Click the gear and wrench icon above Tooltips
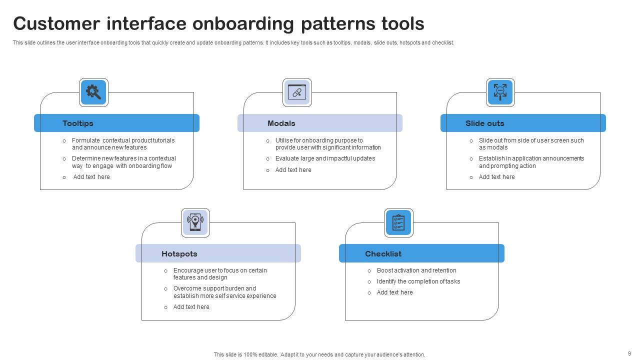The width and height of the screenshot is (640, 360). (93, 92)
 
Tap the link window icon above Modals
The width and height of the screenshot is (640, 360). (297, 92)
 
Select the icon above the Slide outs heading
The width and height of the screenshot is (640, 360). (500, 92)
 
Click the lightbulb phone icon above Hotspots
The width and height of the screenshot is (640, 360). (195, 222)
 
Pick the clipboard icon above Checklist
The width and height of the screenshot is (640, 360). (398, 222)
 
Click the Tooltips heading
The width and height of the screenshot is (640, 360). (78, 123)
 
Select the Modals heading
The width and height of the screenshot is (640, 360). (281, 123)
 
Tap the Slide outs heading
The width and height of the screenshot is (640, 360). (484, 123)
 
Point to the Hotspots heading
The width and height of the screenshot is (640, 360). (179, 254)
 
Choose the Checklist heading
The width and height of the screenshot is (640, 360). (383, 254)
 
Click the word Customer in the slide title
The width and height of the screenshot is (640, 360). (56, 23)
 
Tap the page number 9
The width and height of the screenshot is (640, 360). (629, 353)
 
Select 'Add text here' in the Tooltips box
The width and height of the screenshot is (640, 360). (91, 177)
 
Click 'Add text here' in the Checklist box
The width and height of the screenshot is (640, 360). (395, 292)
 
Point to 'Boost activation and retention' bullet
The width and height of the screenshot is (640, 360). (416, 270)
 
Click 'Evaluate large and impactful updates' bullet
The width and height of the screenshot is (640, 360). (325, 158)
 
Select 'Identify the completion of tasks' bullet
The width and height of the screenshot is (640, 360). (418, 281)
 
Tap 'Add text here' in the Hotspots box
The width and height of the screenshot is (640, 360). (191, 307)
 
